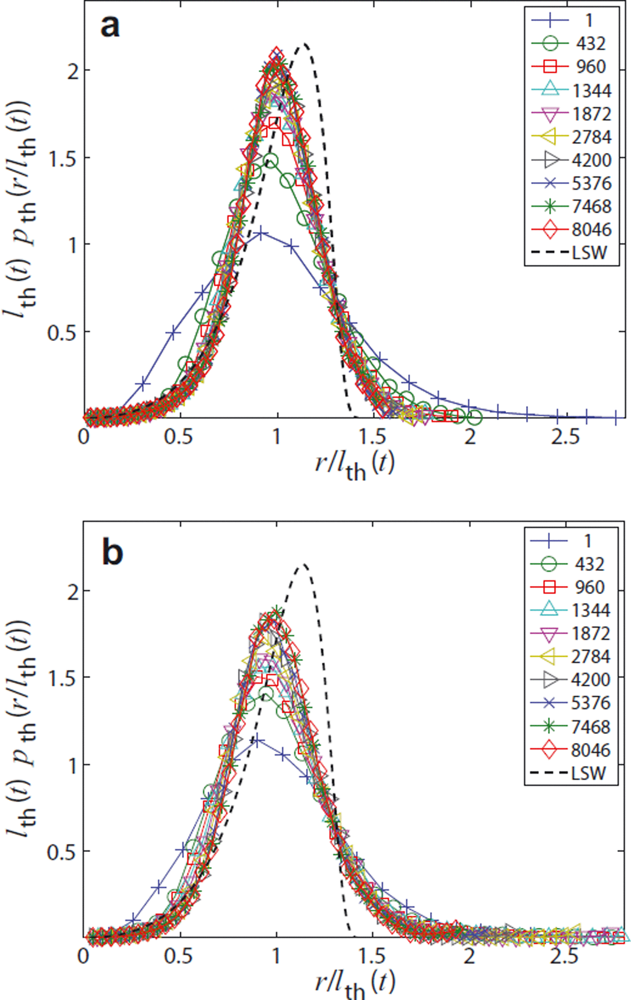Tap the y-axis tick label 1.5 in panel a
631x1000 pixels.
[63, 158]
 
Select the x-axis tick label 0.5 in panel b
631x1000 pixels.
[178, 956]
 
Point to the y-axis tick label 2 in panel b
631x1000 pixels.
[72, 591]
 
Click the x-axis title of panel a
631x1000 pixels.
[354, 465]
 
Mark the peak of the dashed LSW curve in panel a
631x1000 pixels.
[305, 44]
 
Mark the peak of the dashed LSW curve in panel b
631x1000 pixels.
[305, 564]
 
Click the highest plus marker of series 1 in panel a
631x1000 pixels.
[261, 234]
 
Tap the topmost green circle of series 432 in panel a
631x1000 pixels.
[271, 161]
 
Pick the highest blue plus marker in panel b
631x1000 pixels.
[257, 741]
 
